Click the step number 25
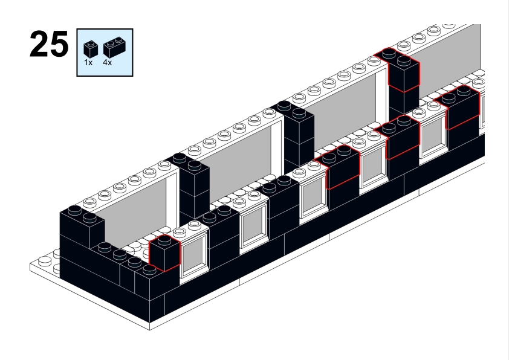coord(48,46)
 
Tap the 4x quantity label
coord(108,62)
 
